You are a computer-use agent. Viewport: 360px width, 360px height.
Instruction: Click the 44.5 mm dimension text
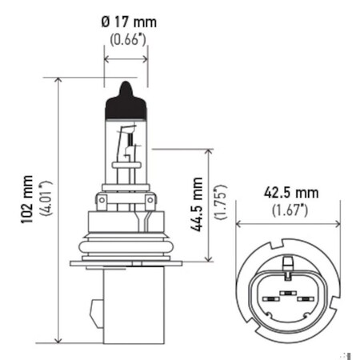(x=198, y=205)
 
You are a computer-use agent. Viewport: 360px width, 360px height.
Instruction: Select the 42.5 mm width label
(x=291, y=193)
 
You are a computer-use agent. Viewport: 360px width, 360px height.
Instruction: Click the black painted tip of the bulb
(x=126, y=96)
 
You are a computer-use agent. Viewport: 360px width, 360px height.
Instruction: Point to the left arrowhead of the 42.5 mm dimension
(x=238, y=225)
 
